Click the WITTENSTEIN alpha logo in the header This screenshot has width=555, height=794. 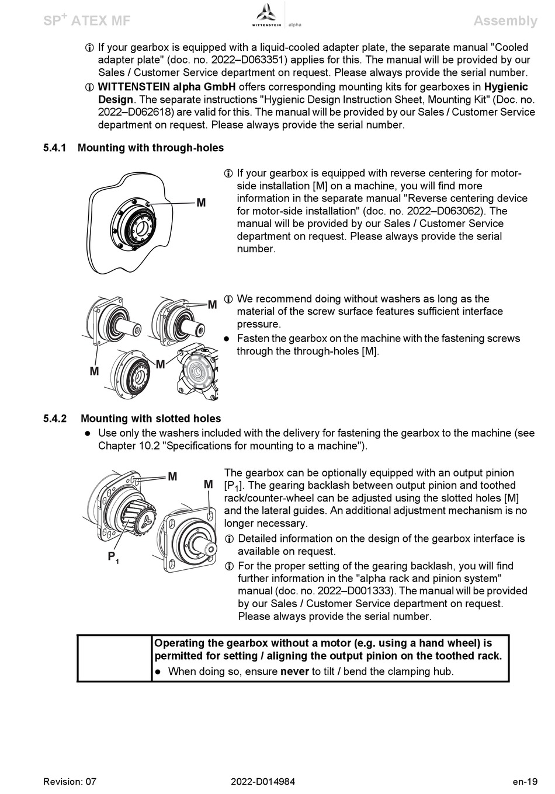coord(276,16)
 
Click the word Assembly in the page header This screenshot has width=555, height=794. coord(505,21)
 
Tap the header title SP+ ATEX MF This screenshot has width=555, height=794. coord(86,21)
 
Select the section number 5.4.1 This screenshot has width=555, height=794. coord(55,148)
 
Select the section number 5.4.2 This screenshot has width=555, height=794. coord(55,419)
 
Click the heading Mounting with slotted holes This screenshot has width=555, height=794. coord(151,419)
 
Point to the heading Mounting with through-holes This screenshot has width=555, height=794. coord(151,148)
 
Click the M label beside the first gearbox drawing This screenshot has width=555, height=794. coord(201,203)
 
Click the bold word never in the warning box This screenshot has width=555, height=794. coord(294,671)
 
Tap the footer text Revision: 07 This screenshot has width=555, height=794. coord(70,782)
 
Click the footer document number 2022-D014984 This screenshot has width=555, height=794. coord(263,782)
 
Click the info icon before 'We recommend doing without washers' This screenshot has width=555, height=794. coord(228,300)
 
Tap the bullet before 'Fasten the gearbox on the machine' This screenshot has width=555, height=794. coord(228,339)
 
